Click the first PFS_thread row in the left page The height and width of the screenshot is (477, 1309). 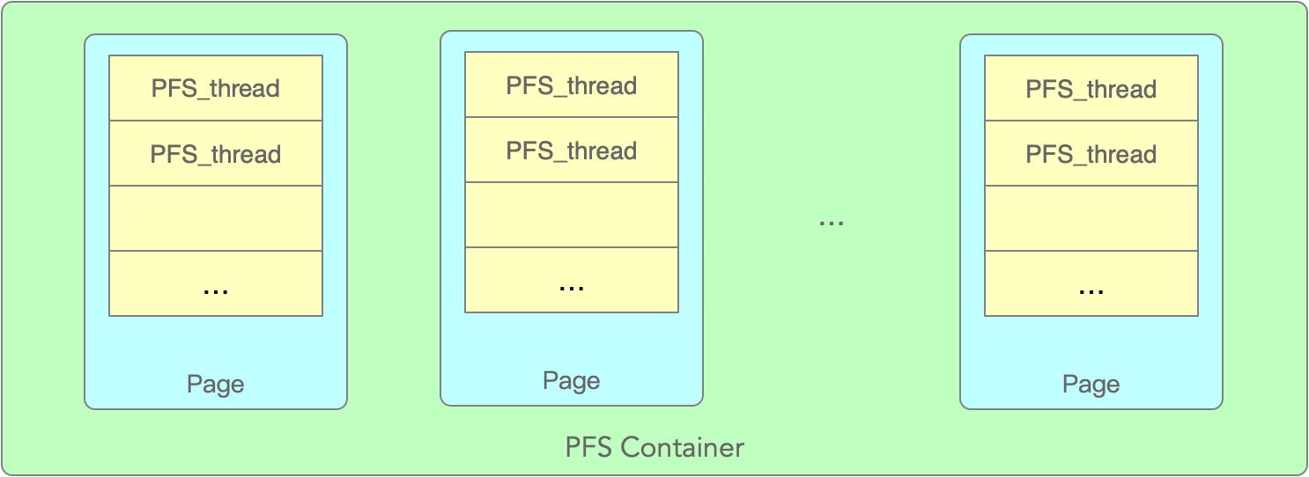click(216, 88)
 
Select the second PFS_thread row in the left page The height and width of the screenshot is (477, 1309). click(216, 154)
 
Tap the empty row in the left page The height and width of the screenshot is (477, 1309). click(216, 218)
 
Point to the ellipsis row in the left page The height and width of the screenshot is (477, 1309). click(216, 283)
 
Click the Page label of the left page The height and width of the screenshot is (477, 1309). click(216, 385)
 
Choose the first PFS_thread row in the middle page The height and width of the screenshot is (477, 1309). click(572, 85)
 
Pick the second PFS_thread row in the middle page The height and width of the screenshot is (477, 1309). click(572, 150)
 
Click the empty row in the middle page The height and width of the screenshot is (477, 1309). click(572, 215)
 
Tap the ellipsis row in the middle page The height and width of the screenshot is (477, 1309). click(572, 280)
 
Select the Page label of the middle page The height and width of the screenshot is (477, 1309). click(572, 381)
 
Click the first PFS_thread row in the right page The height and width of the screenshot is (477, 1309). click(1091, 89)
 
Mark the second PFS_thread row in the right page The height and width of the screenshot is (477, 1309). click(1091, 154)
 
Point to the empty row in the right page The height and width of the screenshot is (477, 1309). click(1091, 218)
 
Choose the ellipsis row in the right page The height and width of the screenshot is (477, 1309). click(1091, 283)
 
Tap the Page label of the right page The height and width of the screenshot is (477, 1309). click(1091, 385)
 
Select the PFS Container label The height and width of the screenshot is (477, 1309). click(654, 447)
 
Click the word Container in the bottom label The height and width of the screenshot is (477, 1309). click(683, 447)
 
